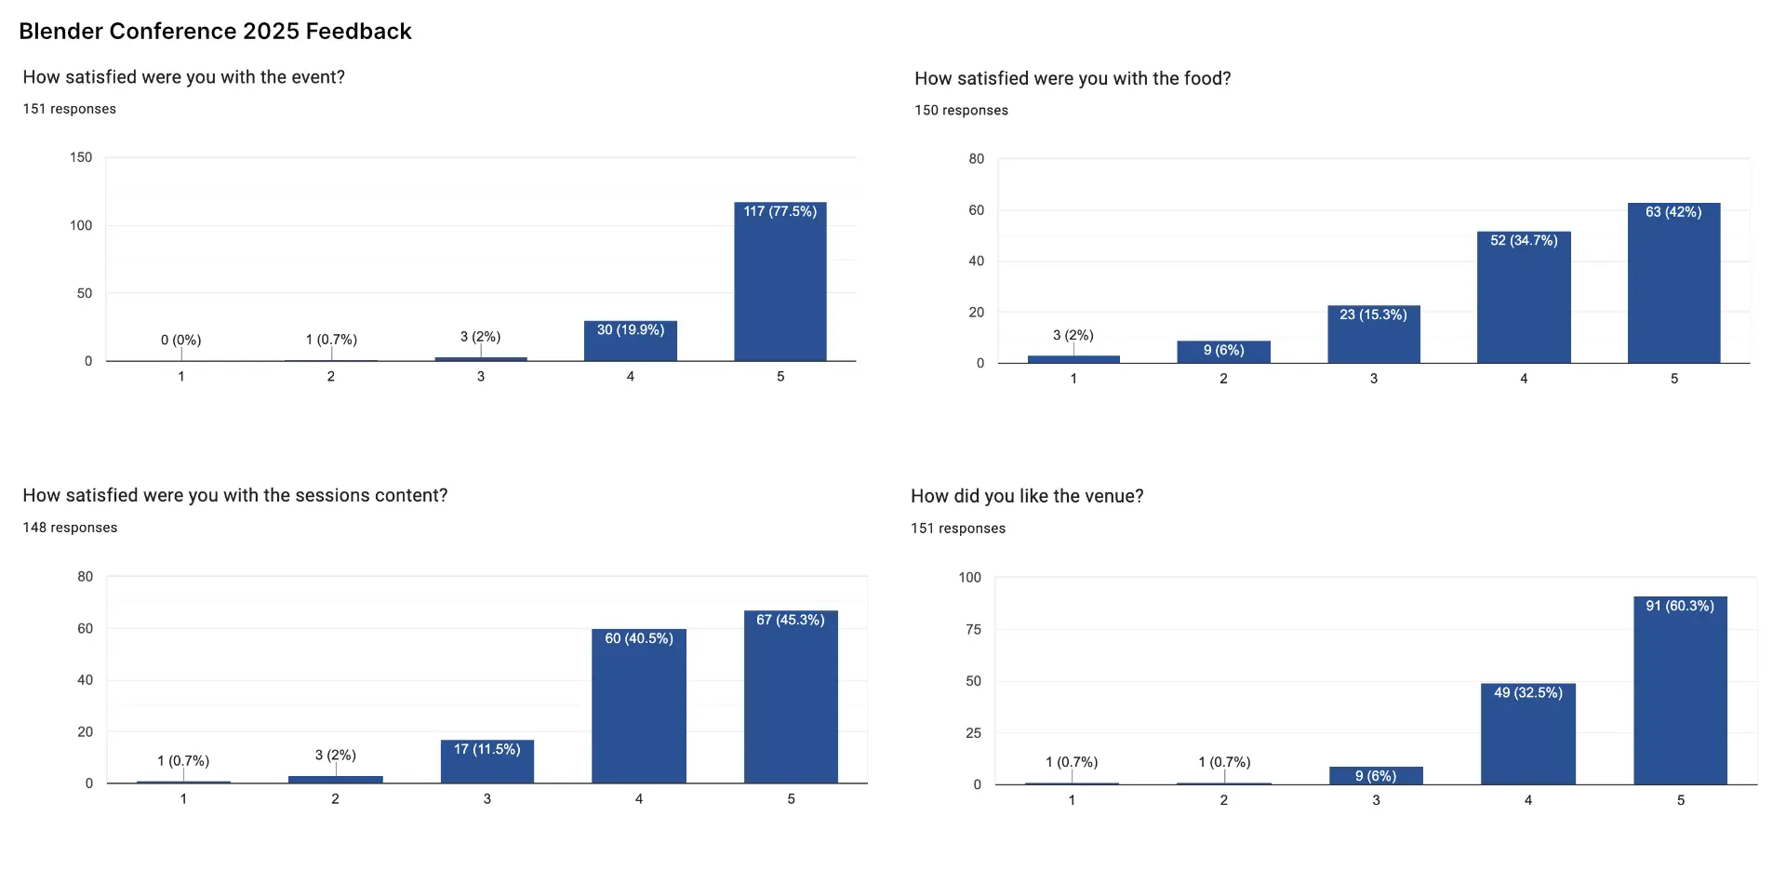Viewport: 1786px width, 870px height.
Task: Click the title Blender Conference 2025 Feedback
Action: click(x=215, y=31)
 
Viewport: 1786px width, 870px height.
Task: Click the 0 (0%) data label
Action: click(x=180, y=340)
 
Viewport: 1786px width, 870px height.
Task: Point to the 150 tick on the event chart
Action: click(x=81, y=157)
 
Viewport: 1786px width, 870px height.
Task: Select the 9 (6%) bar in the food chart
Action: click(x=1223, y=353)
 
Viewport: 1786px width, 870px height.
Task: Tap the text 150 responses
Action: click(x=961, y=110)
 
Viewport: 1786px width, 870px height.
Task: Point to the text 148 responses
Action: click(x=70, y=528)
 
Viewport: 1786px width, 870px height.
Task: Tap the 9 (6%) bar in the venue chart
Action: click(x=1376, y=776)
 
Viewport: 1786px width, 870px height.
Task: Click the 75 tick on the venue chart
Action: click(x=973, y=629)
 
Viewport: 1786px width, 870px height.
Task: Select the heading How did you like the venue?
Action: click(x=1027, y=496)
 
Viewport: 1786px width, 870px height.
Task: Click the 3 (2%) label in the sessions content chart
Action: click(x=335, y=755)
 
